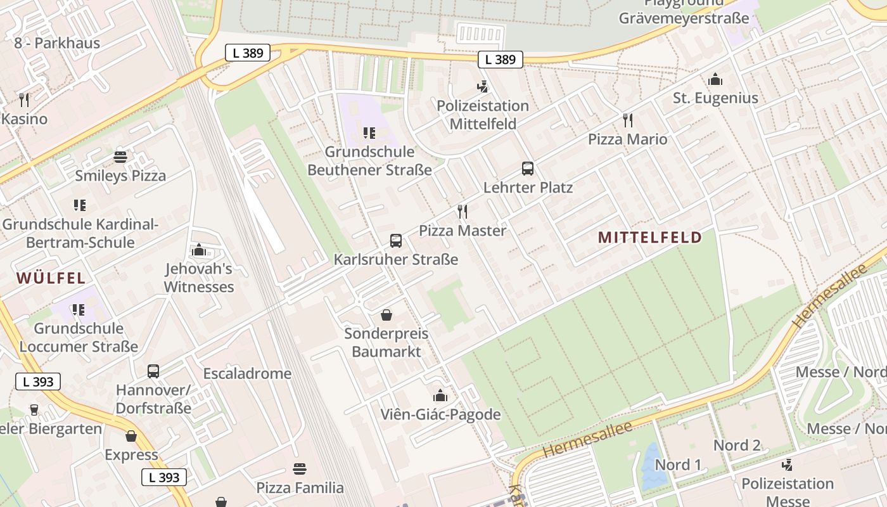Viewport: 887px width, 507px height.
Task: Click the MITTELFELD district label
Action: pyautogui.click(x=649, y=238)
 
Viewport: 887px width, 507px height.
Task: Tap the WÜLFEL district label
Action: pyautogui.click(x=51, y=278)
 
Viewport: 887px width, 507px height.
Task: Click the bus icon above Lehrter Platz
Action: pyautogui.click(x=527, y=169)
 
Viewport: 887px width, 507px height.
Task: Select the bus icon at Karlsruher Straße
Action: pyautogui.click(x=395, y=241)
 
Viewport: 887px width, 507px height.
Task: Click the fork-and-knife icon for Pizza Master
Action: pyautogui.click(x=463, y=212)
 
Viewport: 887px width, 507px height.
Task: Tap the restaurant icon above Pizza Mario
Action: pyautogui.click(x=628, y=120)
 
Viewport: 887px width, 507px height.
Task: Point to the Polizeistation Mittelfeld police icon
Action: pyautogui.click(x=483, y=87)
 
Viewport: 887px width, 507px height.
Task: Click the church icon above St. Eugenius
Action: pyautogui.click(x=715, y=80)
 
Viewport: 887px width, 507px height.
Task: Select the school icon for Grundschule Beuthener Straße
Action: pyautogui.click(x=369, y=133)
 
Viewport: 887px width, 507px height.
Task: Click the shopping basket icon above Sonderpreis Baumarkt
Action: pyautogui.click(x=386, y=315)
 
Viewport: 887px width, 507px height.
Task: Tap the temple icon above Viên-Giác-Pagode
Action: pyautogui.click(x=440, y=396)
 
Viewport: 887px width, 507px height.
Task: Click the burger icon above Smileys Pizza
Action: pyautogui.click(x=120, y=157)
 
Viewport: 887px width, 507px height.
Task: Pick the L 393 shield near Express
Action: pyautogui.click(x=164, y=477)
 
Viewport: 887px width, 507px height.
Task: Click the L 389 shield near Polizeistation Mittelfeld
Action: pyautogui.click(x=501, y=60)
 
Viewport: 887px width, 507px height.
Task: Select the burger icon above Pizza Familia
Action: pyautogui.click(x=300, y=469)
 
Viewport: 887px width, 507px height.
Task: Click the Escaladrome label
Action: pyautogui.click(x=247, y=373)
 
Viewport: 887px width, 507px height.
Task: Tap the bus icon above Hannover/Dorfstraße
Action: pyautogui.click(x=153, y=371)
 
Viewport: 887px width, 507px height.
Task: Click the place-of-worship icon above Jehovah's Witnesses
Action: pyautogui.click(x=198, y=250)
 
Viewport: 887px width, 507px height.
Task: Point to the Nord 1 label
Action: pyautogui.click(x=678, y=465)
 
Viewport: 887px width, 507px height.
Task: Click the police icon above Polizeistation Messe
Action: pyautogui.click(x=787, y=465)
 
